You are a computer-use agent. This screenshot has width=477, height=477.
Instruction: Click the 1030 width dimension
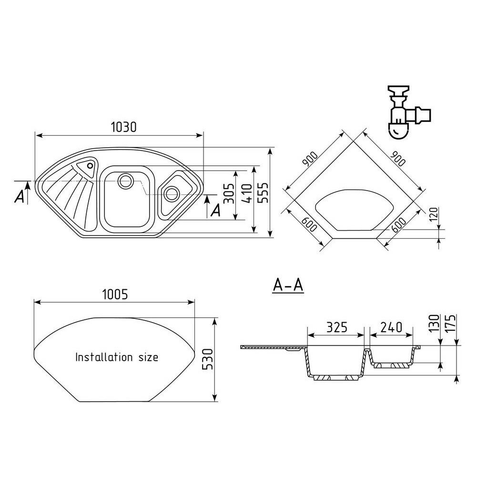[123, 127]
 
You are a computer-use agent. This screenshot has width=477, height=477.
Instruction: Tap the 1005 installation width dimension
[115, 294]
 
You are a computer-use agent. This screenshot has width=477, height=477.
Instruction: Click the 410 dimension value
[246, 193]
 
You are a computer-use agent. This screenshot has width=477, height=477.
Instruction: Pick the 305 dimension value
[229, 193]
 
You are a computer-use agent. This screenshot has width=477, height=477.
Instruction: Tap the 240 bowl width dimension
[389, 327]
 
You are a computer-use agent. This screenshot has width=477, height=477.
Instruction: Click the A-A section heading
[288, 285]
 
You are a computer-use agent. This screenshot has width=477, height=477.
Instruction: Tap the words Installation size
[117, 357]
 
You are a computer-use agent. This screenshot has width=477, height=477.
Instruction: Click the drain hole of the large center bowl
[126, 180]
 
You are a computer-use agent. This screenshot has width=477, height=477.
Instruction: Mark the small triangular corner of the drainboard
[87, 167]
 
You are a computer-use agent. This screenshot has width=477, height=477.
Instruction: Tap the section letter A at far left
[19, 196]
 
